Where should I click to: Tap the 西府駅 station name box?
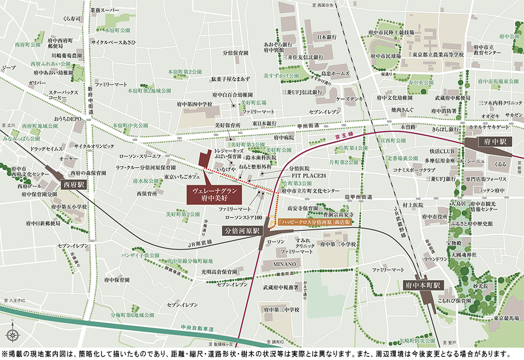point(73,184)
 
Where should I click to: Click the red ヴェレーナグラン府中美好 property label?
point(214,195)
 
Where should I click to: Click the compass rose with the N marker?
point(13,335)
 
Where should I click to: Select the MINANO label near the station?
point(284,263)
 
